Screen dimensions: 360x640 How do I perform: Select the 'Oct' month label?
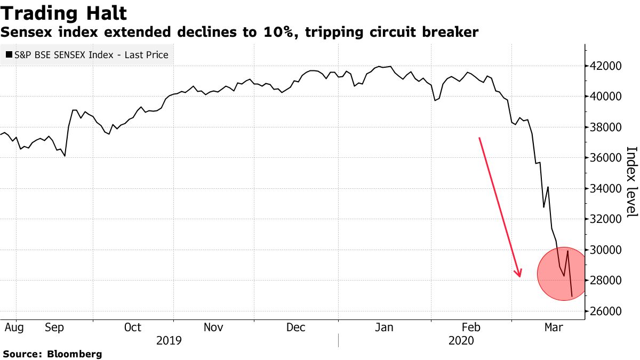click(x=133, y=327)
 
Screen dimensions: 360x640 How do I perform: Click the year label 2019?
click(x=170, y=340)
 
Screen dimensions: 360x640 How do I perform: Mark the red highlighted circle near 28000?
click(x=564, y=274)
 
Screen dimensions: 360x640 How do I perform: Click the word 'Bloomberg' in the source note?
click(x=75, y=354)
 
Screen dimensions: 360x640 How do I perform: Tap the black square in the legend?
click(x=9, y=54)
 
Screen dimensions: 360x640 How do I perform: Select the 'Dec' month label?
click(x=296, y=327)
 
